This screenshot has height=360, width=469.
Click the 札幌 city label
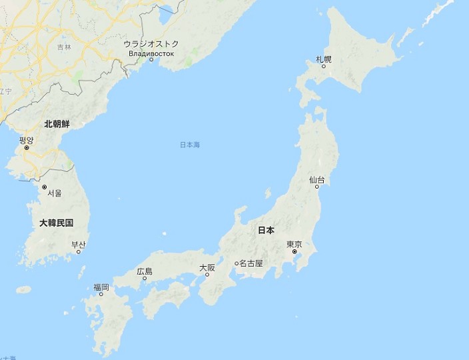click(324, 60)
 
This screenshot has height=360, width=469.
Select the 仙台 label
click(316, 180)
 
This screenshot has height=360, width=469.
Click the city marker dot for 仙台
click(316, 187)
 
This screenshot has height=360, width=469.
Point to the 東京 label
click(294, 244)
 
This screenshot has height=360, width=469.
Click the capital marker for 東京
click(294, 252)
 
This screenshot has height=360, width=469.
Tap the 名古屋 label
click(251, 263)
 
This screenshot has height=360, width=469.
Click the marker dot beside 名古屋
click(236, 263)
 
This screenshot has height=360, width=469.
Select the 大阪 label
click(207, 267)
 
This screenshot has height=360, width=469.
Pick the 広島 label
click(145, 271)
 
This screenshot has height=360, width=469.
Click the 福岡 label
click(101, 287)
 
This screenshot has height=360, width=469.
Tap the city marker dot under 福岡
click(101, 294)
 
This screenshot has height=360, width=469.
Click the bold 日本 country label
click(266, 230)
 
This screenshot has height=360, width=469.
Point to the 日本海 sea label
click(190, 145)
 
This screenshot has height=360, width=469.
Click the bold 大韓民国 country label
click(56, 223)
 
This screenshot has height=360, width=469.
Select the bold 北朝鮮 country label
click(57, 124)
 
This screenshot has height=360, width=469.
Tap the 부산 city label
click(79, 245)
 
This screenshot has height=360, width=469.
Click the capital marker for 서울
click(44, 187)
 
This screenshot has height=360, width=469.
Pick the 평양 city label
click(26, 140)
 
